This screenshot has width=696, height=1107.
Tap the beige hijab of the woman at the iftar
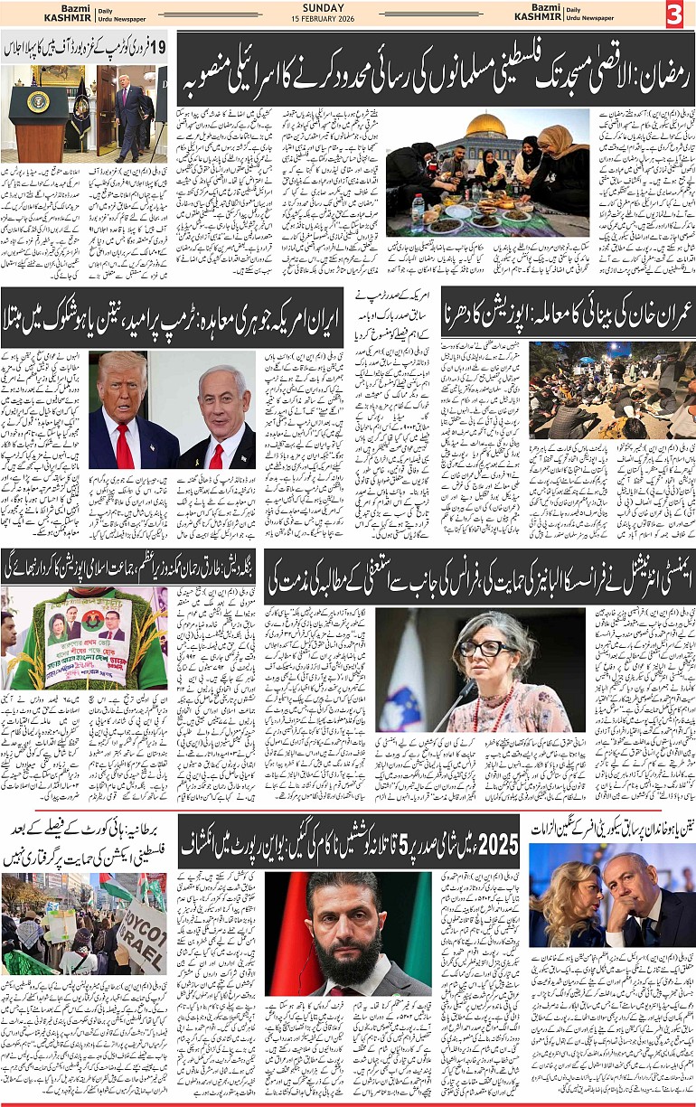point(554,144)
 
